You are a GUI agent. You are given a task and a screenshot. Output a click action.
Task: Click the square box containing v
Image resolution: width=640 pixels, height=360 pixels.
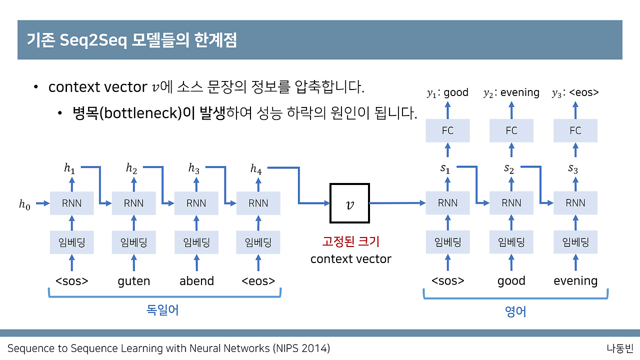coord(349,203)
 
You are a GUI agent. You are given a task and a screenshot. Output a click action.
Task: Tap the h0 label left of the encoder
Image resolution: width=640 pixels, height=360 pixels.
coord(24,203)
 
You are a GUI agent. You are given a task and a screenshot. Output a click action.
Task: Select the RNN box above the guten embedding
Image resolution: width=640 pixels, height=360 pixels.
coord(133,203)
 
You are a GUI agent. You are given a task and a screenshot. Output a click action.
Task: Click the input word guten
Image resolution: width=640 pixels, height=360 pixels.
coord(133,281)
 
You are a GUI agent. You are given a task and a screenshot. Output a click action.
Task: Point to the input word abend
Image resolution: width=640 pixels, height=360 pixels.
coord(196,281)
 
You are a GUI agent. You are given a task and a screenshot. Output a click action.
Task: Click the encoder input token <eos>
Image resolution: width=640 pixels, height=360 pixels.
coord(258,281)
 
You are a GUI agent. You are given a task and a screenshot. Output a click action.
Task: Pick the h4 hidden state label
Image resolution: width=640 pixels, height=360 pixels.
coord(256,169)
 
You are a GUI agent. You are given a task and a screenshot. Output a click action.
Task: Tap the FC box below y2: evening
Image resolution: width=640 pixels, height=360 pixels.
coord(511,130)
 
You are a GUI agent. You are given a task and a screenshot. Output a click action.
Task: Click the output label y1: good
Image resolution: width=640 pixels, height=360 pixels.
coord(447,92)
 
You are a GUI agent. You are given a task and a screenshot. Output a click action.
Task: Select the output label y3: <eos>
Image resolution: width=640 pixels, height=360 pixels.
coord(575,92)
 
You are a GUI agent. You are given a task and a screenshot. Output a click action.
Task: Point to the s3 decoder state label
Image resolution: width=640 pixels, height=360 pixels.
coord(573,169)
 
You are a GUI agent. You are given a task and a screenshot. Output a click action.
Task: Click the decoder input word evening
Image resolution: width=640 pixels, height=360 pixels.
coord(575,281)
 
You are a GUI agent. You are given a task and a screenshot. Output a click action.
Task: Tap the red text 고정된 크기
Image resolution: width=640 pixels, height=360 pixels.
coord(350,242)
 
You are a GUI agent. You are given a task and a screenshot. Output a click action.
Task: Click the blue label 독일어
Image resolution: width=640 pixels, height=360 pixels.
coord(162,310)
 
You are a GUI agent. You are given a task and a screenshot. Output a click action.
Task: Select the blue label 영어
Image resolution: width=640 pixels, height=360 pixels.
coord(515,312)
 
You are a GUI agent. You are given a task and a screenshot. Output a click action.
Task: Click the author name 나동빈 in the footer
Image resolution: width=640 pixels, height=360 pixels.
coord(619,348)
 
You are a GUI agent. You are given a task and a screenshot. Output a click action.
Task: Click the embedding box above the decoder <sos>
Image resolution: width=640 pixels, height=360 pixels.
coord(447,242)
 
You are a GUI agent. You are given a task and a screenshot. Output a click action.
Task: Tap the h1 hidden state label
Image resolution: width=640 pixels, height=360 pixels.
coord(69,168)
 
